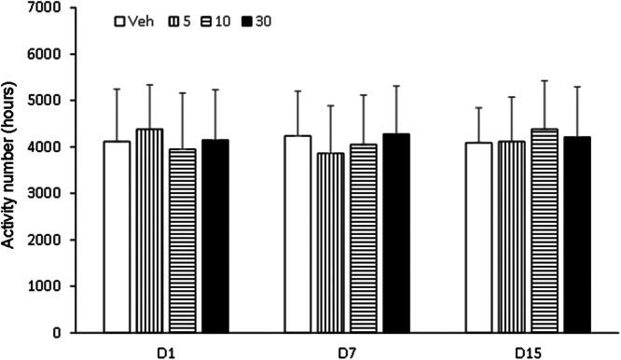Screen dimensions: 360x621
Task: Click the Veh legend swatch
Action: [x=120, y=21]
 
